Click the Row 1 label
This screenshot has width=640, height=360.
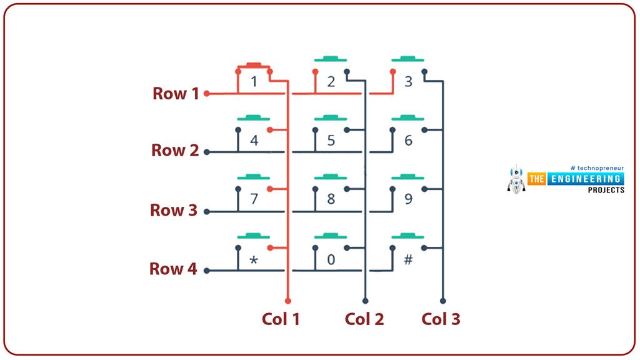tap(176, 94)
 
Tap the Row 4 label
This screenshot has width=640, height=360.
tap(173, 269)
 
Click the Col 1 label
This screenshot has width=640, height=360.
tap(281, 319)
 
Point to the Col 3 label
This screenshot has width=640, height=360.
tap(441, 319)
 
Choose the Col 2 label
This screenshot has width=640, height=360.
tap(364, 319)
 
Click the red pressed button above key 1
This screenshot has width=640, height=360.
tap(254, 64)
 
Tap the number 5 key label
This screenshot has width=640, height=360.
tap(331, 141)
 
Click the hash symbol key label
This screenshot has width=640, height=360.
tap(408, 259)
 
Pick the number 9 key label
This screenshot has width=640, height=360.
tap(408, 199)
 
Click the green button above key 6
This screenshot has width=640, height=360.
tap(408, 117)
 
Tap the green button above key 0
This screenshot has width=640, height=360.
tap(331, 236)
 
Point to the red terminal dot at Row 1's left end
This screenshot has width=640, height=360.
tap(207, 94)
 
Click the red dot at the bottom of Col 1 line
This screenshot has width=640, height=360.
tap(288, 301)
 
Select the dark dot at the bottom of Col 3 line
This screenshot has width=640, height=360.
tap(442, 301)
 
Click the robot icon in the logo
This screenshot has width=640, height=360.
tap(517, 179)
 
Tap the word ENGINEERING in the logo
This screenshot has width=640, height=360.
tap(585, 179)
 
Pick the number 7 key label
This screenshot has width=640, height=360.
tap(254, 199)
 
